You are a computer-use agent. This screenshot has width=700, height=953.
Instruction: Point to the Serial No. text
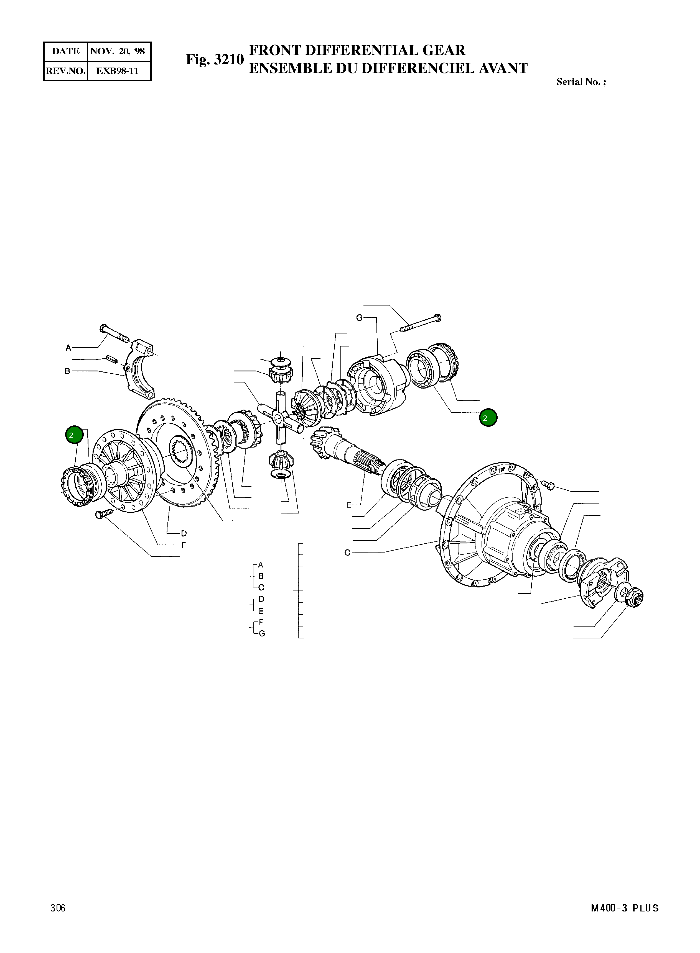click(581, 82)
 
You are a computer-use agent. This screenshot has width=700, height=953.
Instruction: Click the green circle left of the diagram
click(74, 435)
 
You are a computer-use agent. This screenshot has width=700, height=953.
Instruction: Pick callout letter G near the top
click(359, 317)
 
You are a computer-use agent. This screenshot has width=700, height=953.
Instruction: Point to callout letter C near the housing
click(347, 552)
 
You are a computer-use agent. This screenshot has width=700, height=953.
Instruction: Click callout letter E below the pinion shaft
click(349, 505)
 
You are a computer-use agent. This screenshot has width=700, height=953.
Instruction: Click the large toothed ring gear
click(178, 453)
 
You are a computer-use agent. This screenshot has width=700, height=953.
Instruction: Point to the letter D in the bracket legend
click(261, 599)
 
